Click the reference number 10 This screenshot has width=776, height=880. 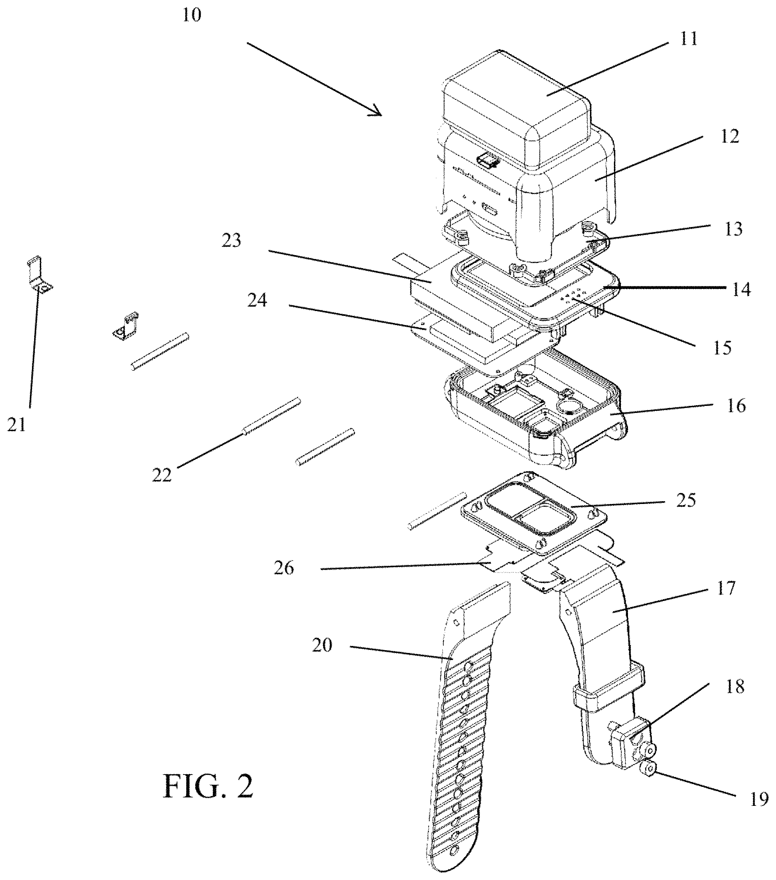192,15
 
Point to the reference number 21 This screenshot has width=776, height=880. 17,425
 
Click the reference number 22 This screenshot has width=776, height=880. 162,475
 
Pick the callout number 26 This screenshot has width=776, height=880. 284,568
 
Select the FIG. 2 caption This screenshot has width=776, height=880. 208,786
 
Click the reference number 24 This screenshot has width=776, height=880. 257,300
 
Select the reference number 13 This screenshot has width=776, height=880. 733,229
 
